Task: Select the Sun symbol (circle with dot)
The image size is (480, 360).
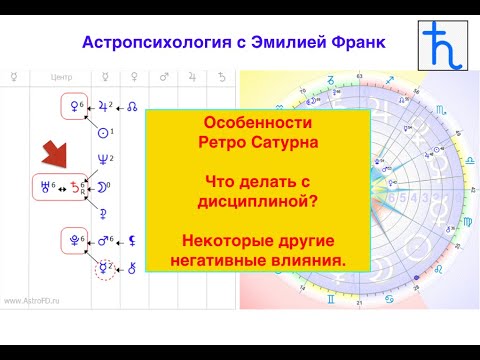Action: point(101,131)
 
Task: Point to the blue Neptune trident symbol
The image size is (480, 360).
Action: point(99,157)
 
